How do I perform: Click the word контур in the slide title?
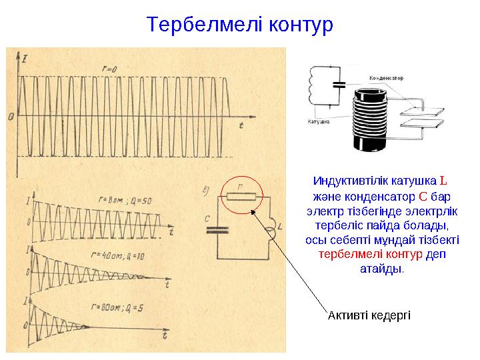(x=299, y=25)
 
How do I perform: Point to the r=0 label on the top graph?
(x=109, y=69)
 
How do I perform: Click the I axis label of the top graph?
(x=24, y=61)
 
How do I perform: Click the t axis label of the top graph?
(x=241, y=125)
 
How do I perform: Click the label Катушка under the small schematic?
(x=318, y=122)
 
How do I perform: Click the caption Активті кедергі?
(x=369, y=314)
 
